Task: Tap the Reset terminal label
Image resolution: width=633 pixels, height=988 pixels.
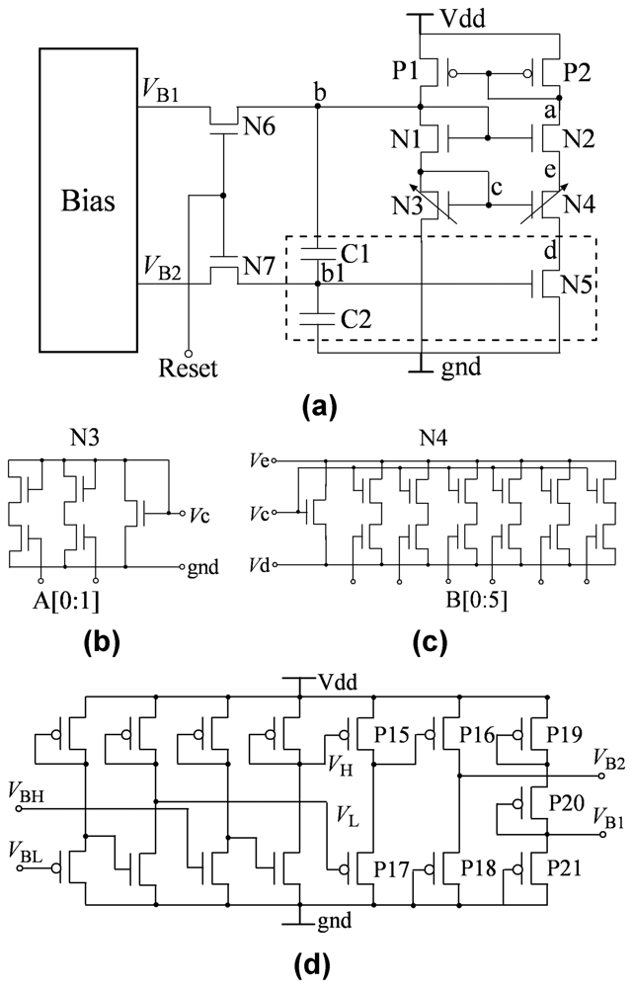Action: pos(188,370)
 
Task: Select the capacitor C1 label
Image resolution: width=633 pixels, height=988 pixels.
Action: pos(351,255)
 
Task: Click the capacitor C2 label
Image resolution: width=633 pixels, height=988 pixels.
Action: pos(351,318)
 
